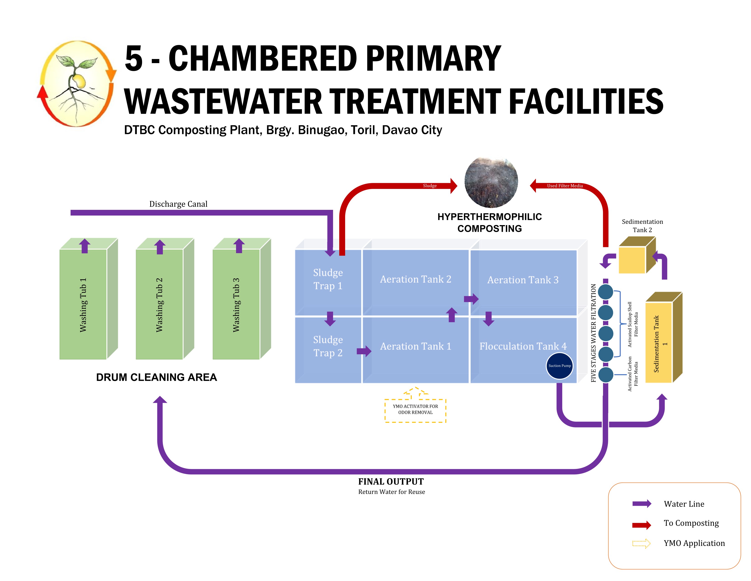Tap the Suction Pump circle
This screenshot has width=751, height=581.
point(560,365)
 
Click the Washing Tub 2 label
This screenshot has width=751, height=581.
point(159,305)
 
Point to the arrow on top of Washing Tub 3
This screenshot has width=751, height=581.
point(239,246)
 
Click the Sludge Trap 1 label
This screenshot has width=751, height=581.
point(328,279)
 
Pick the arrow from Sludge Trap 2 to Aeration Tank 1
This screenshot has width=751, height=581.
point(364,351)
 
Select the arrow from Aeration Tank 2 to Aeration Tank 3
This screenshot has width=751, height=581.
point(471,298)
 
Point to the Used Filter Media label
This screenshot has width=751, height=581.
point(565,186)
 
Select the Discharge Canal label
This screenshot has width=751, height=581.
point(178,204)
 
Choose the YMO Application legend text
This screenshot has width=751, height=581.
point(694,543)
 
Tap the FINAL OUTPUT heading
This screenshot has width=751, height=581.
point(391,481)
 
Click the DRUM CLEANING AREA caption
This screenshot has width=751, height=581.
point(156,377)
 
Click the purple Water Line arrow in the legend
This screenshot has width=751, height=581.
point(641,504)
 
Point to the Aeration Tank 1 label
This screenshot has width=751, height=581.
point(415,346)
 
